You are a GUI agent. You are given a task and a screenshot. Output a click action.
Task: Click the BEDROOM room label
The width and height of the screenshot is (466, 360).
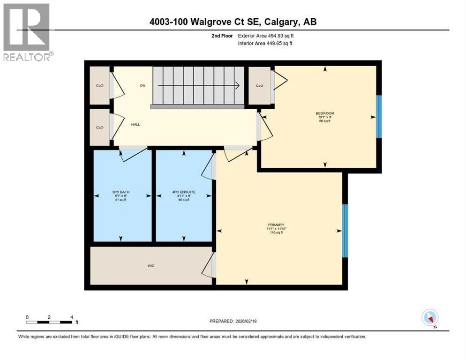(x=324, y=113)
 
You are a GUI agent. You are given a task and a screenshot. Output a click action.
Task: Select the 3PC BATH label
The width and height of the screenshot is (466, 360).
(x=120, y=192)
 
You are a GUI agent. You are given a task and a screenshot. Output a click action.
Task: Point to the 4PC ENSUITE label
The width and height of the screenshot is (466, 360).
(x=184, y=192)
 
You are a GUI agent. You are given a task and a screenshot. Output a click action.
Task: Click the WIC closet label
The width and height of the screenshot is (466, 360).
(x=150, y=266)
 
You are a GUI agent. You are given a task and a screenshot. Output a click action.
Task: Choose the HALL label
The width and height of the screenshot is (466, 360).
(x=135, y=124)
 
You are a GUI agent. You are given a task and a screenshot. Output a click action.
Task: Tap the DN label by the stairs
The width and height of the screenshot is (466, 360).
(x=143, y=86)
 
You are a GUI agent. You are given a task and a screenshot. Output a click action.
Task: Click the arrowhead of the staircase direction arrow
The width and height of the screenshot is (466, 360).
(x=238, y=86)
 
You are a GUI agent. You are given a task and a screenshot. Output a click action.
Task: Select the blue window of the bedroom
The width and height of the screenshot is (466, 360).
(x=379, y=117)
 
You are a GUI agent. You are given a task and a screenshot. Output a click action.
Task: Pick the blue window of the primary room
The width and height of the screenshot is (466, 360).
(x=345, y=231)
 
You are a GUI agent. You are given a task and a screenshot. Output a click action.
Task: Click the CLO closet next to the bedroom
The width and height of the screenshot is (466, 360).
(x=259, y=86)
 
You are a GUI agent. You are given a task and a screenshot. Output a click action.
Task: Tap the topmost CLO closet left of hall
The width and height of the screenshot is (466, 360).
(x=99, y=86)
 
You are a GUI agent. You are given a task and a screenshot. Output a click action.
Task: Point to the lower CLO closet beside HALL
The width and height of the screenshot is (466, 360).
(x=99, y=127)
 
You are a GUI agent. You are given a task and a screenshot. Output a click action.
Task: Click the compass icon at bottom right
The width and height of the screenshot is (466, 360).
(x=430, y=317)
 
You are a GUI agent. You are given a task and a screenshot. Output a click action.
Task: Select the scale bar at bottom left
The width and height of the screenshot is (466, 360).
(x=49, y=322)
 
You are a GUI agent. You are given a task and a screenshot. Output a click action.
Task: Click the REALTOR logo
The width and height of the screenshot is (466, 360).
(x=27, y=32)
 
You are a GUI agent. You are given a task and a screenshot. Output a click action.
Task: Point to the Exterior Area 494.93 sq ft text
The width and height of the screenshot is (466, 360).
(x=266, y=36)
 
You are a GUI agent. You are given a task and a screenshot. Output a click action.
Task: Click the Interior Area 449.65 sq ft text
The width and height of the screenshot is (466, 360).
(x=266, y=44)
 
